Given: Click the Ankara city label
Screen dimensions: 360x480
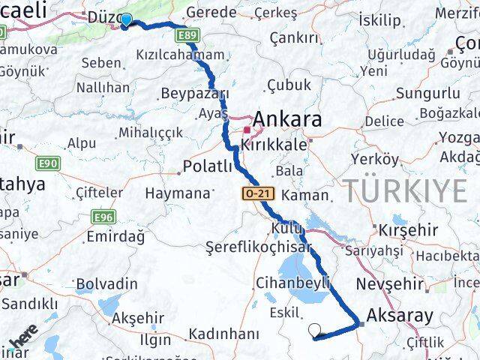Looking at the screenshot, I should point(287,119).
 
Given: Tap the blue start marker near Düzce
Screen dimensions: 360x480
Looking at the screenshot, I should point(126,20).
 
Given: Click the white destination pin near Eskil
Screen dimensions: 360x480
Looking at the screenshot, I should point(315,330).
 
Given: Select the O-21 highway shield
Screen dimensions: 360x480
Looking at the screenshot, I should point(258,193).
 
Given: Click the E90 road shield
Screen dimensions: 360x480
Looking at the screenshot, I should point(47,163).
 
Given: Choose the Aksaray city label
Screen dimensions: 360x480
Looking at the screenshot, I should point(400,315).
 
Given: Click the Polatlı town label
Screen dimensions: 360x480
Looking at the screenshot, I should point(208,166).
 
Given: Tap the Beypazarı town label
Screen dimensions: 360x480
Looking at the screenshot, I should point(194,94).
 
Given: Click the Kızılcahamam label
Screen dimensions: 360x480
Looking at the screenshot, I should point(181,55).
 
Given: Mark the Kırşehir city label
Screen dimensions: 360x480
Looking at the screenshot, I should point(409,229).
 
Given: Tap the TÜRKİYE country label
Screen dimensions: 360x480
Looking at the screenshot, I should point(406,190).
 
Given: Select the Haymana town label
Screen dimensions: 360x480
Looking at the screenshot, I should point(178,193).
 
